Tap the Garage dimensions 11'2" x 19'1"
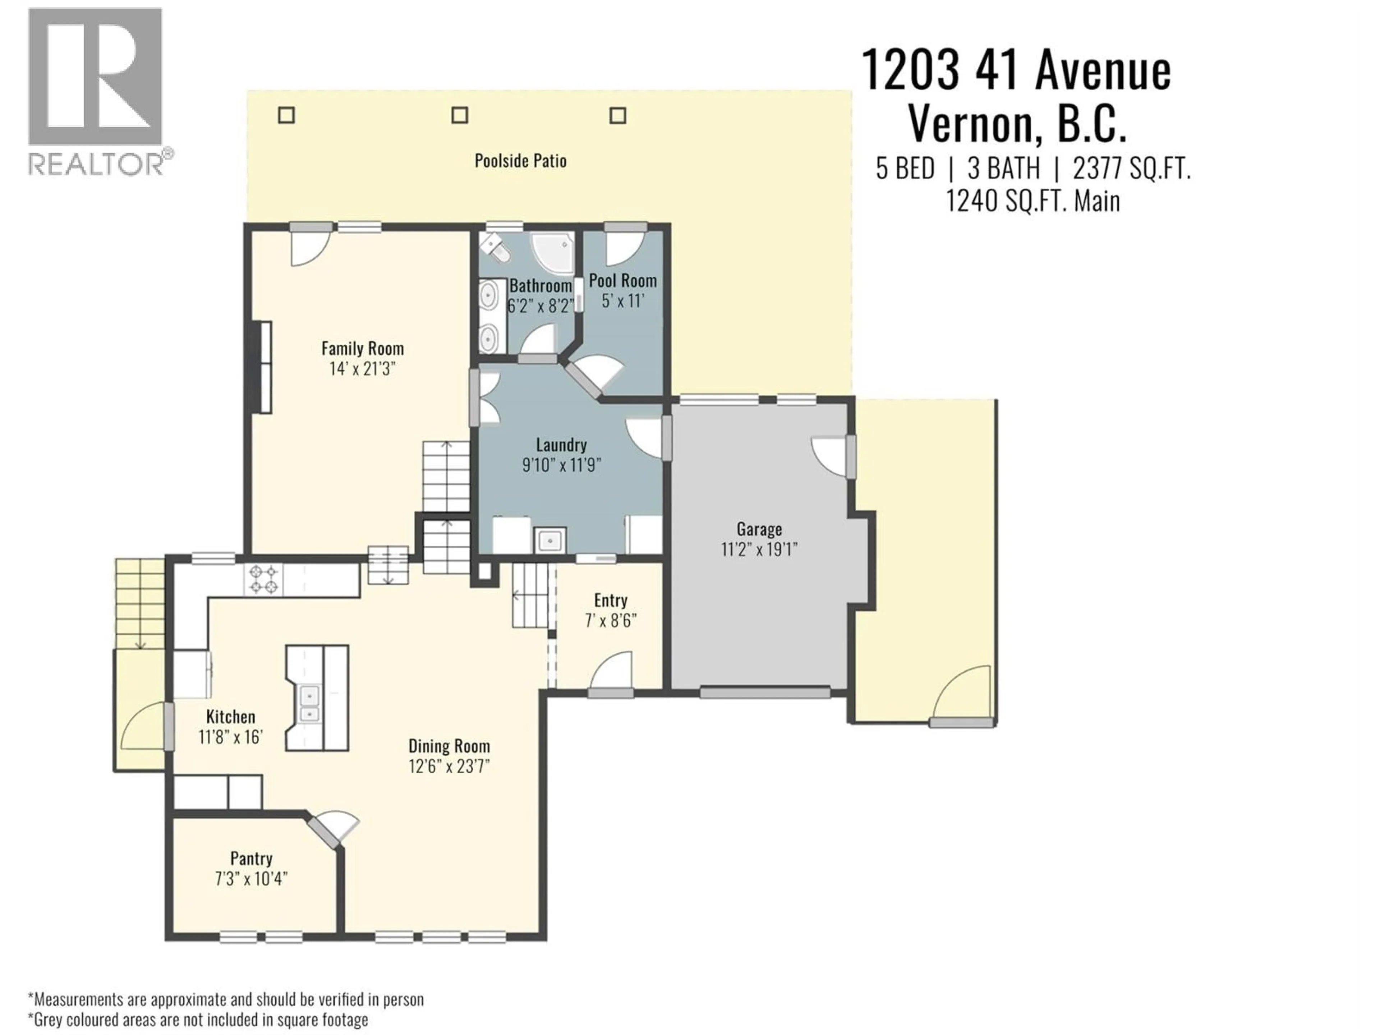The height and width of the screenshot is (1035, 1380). tap(759, 549)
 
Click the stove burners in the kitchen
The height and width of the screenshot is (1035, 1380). tap(263, 579)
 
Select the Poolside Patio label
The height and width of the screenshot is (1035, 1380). tap(520, 161)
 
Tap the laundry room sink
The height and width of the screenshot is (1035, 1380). tap(549, 540)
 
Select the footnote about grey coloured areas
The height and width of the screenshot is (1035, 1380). tap(198, 1020)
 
